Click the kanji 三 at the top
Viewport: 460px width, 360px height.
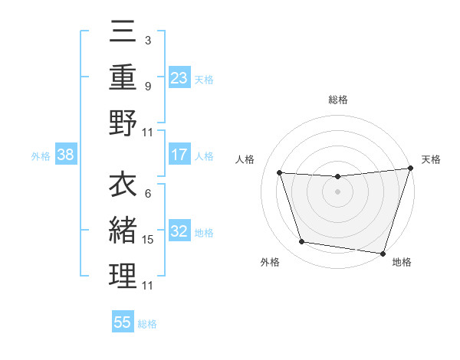coord(123,32)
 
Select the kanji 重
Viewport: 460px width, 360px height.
coord(123,77)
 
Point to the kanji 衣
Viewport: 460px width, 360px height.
coord(123,185)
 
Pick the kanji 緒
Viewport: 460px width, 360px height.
coord(123,230)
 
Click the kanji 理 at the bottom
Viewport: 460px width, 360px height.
coord(123,277)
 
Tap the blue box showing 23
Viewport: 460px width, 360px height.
coord(179,78)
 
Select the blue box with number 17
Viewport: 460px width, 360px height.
coord(179,155)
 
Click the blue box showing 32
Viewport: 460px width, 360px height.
coord(179,232)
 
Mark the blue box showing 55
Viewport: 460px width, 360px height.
coord(123,322)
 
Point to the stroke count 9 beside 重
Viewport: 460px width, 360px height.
coord(147,87)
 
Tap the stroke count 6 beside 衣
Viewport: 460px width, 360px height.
coord(147,193)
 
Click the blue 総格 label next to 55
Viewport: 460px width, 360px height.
coord(147,324)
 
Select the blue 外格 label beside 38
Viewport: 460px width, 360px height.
coord(41,156)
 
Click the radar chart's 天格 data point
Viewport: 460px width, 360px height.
coord(410,169)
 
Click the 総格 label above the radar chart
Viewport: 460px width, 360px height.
coord(337,100)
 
